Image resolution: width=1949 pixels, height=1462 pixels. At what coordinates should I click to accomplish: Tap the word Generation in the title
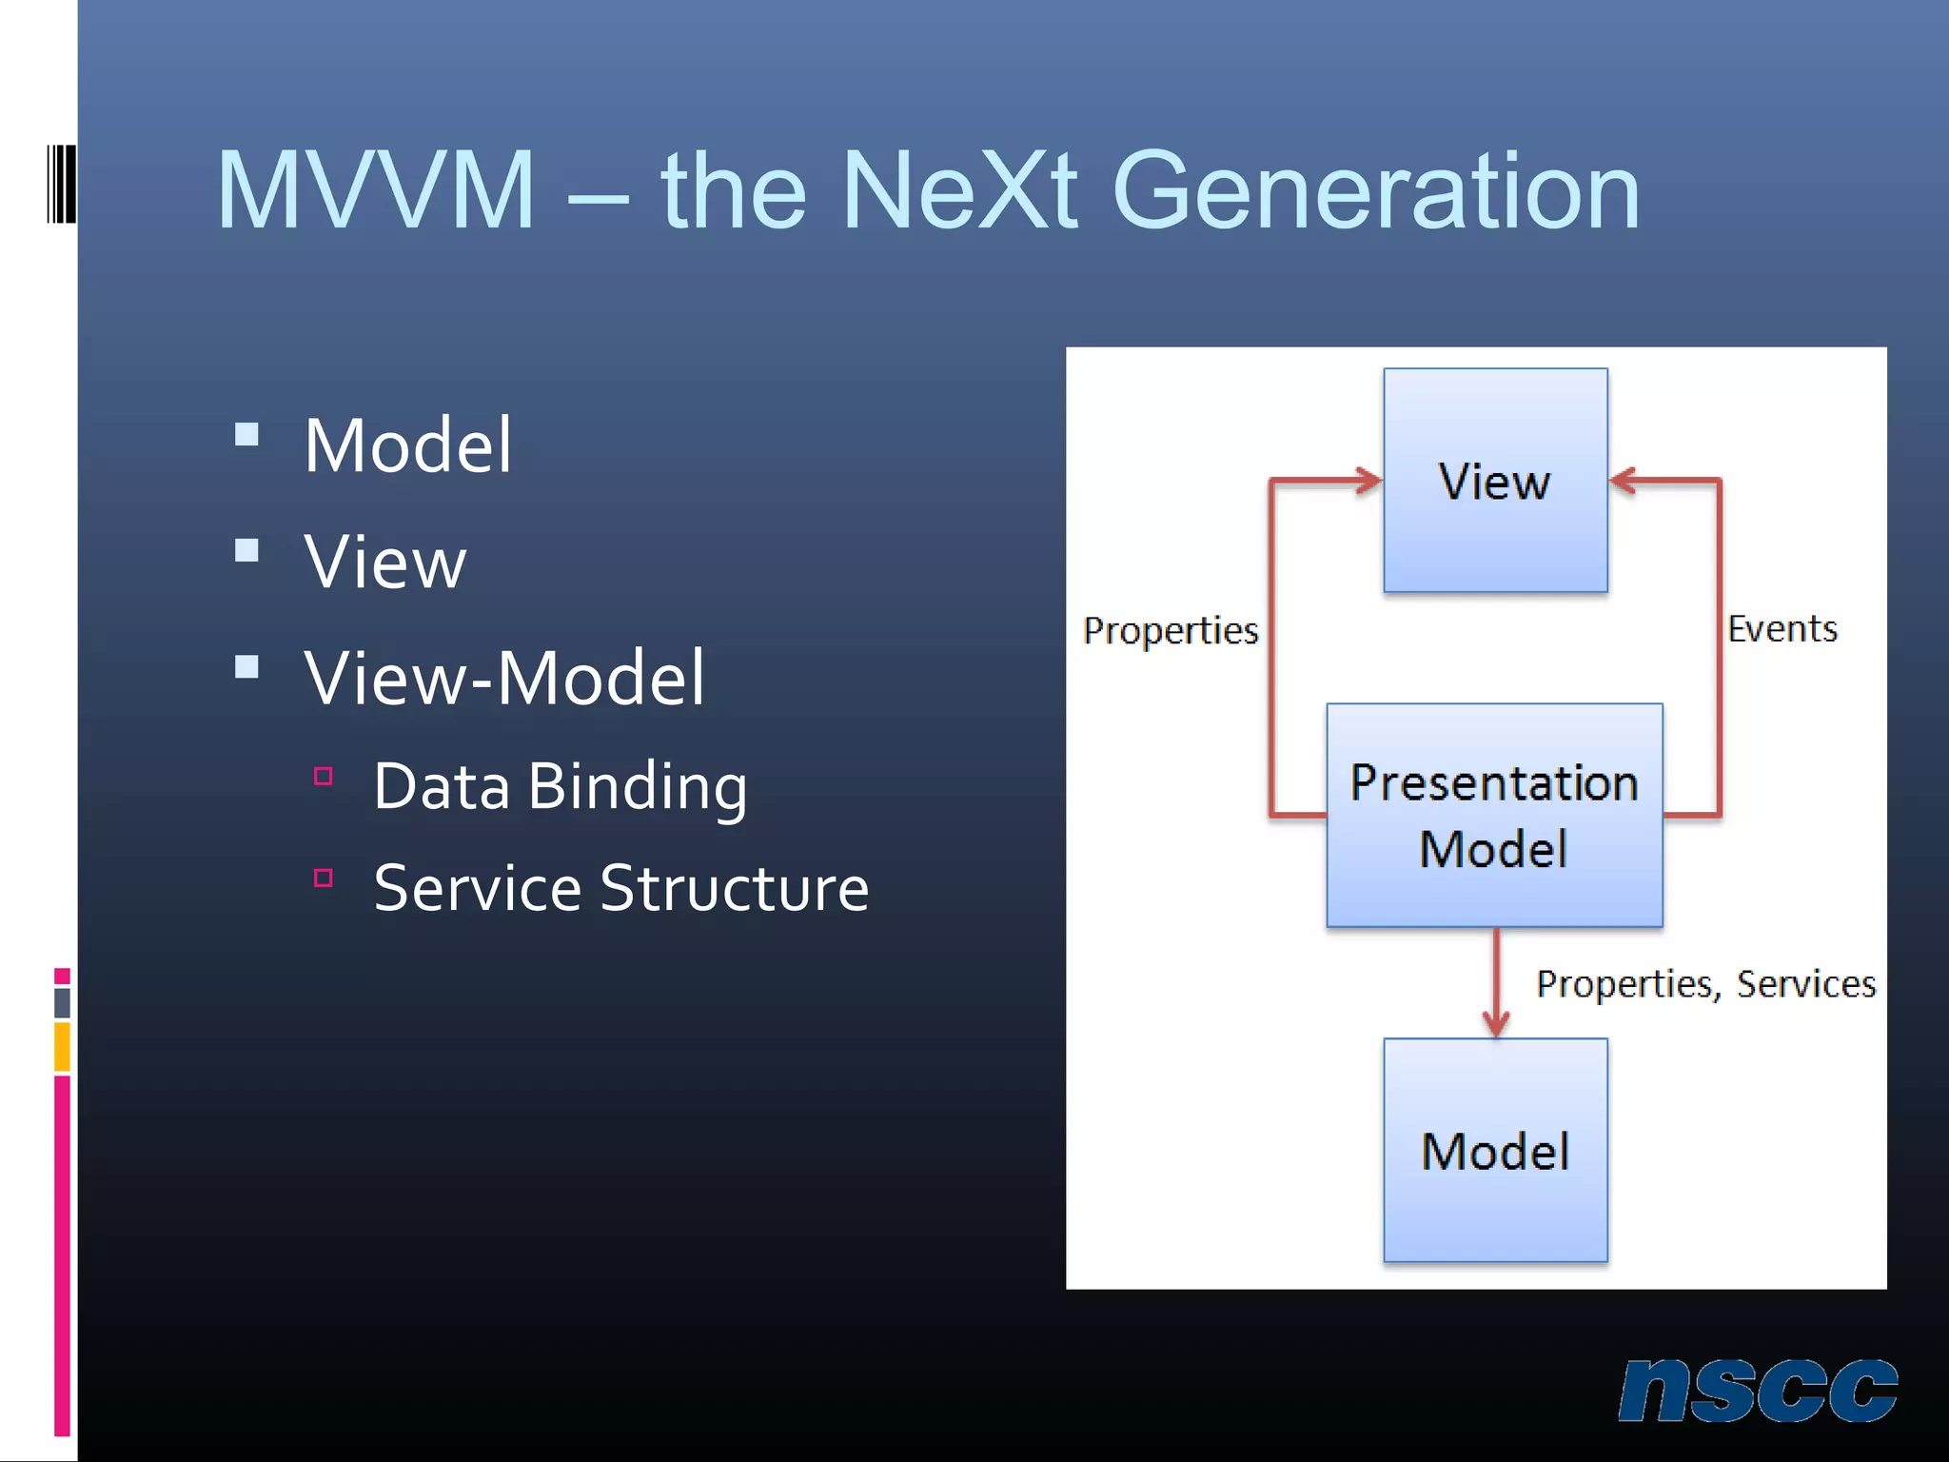tap(1376, 192)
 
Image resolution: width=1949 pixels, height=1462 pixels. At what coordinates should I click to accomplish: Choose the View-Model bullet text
tap(504, 678)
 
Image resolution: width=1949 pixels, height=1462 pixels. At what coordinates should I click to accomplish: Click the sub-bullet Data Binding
tap(560, 787)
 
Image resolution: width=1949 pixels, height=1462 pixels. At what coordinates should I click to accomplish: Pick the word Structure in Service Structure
tap(734, 888)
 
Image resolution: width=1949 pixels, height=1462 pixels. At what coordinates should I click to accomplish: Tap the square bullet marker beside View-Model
tap(247, 666)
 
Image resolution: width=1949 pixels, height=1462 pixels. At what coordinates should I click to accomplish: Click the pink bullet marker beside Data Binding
tap(324, 777)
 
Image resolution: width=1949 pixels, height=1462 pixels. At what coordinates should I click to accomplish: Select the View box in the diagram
tap(1495, 481)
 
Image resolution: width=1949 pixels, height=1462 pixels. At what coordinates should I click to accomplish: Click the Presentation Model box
tap(1494, 815)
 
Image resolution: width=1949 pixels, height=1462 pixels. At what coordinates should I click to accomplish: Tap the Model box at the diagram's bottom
tap(1495, 1150)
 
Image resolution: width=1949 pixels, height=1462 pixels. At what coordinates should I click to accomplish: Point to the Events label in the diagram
tap(1782, 629)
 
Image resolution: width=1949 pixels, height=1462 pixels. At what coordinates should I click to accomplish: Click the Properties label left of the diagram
tap(1171, 631)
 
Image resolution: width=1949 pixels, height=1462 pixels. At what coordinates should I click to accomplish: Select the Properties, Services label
tap(1705, 983)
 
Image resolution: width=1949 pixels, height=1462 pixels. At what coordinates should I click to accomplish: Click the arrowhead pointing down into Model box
tap(1496, 1025)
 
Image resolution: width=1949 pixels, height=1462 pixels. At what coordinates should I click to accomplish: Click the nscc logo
tap(1758, 1390)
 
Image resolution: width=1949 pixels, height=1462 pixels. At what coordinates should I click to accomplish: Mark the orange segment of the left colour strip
tap(62, 1046)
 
